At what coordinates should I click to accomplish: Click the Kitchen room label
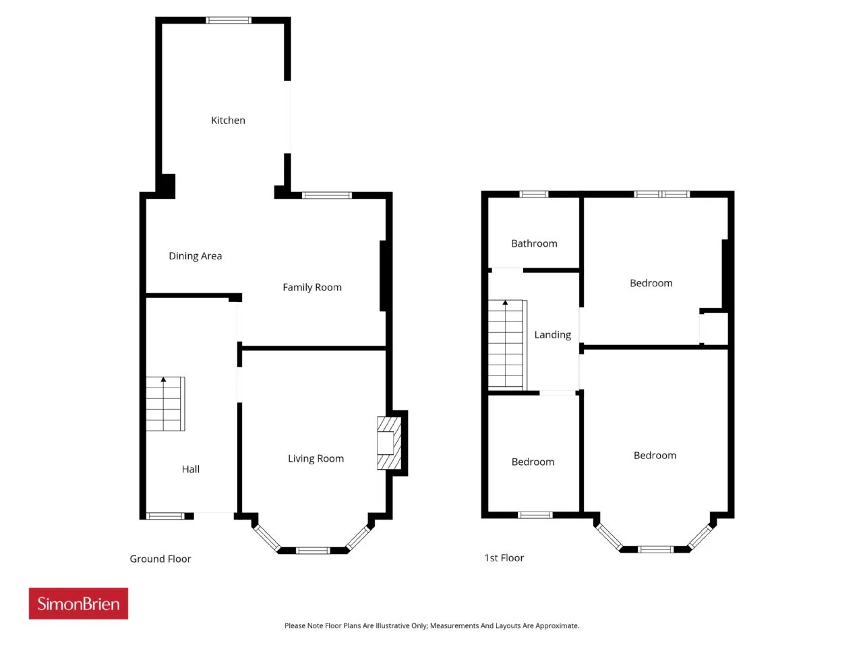click(228, 120)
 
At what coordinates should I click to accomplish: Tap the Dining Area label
click(196, 256)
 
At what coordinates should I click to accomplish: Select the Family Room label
click(312, 288)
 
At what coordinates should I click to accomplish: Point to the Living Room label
click(316, 458)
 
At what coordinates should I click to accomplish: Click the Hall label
click(191, 469)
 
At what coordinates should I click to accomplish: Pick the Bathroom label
click(534, 243)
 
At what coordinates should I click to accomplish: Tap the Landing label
click(552, 335)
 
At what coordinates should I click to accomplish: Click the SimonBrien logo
click(78, 603)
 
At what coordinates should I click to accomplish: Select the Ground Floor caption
click(160, 559)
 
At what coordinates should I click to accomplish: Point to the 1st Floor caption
click(504, 558)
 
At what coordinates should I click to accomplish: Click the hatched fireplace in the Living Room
click(389, 443)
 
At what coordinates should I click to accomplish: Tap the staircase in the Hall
click(165, 404)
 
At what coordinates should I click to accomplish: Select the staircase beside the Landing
click(507, 345)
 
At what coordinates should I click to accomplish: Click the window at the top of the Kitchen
click(229, 20)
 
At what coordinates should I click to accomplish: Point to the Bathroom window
click(533, 194)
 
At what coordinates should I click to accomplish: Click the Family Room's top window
click(327, 195)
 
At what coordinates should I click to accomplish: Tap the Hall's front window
click(165, 516)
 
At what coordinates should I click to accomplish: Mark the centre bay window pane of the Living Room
click(313, 551)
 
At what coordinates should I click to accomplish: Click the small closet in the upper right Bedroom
click(714, 328)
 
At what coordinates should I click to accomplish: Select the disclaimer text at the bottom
click(431, 625)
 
